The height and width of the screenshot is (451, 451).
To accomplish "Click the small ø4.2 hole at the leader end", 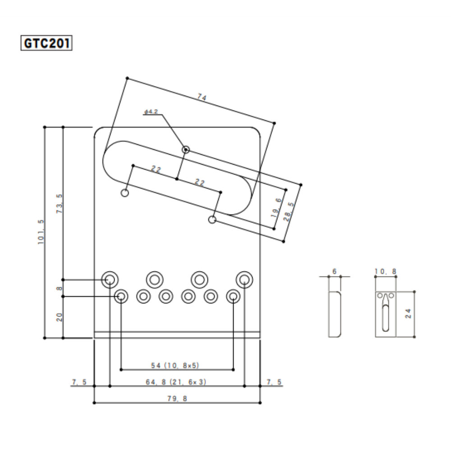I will [185, 149].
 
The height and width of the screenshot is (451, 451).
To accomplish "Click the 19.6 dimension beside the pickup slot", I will [276, 207].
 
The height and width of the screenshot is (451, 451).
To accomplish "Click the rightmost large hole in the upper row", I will [244, 279].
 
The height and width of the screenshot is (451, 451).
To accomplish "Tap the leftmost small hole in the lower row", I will [121, 296].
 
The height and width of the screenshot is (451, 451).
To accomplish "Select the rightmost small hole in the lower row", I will [233, 296].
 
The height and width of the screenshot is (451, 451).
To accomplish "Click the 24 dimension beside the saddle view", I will [408, 313].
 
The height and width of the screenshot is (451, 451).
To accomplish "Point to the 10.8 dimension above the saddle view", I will [386, 272].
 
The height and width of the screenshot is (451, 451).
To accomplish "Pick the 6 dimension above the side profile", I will [334, 271].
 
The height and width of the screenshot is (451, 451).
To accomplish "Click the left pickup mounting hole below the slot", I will [125, 193].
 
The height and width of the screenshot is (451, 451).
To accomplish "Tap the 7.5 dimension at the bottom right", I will [274, 382].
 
